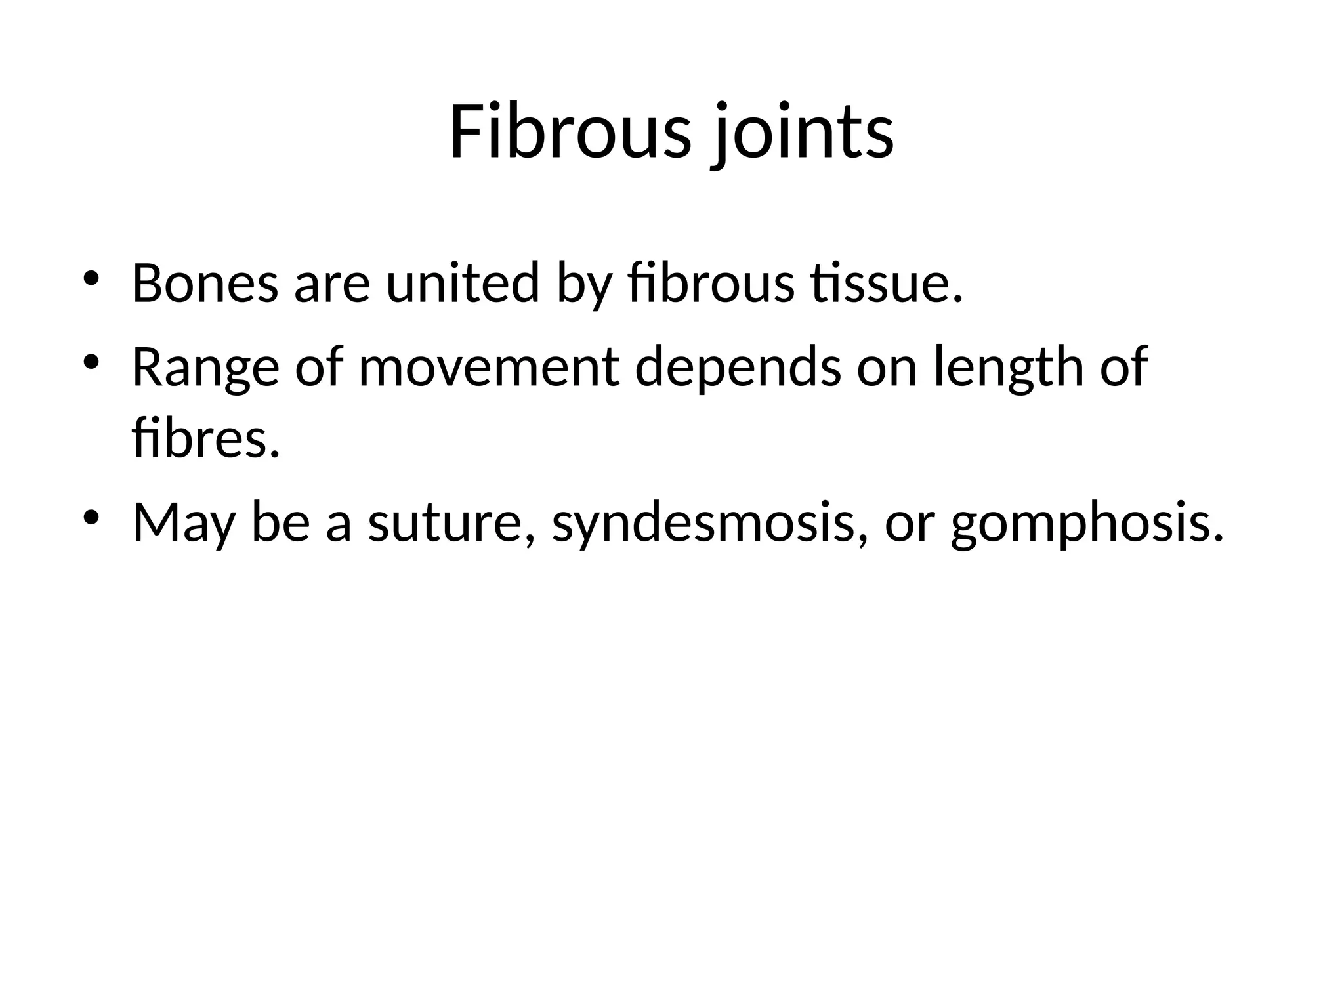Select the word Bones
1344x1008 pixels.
205,283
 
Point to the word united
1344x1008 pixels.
463,283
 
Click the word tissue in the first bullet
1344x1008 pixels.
886,283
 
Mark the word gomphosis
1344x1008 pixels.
1087,523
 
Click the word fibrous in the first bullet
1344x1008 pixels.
711,283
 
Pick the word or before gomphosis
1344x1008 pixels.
909,523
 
